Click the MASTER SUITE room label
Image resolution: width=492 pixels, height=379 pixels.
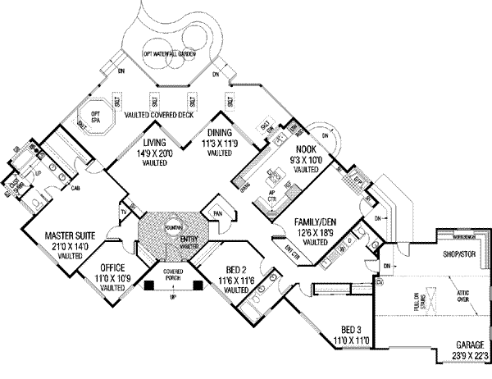71,237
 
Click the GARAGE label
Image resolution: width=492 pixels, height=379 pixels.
469,345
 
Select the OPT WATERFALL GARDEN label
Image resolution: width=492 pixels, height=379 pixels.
173,53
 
